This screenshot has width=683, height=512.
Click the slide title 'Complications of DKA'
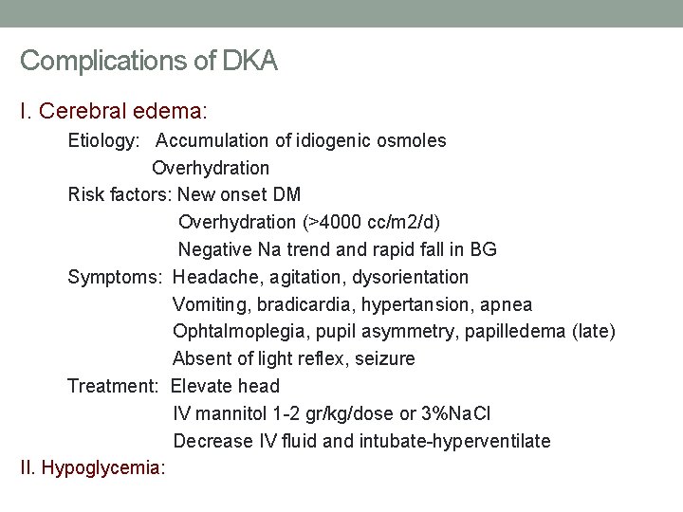pos(149,62)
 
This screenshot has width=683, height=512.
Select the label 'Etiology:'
pos(104,141)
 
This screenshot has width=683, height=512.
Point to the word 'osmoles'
pos(411,141)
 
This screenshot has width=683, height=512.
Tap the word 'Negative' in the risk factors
pos(214,250)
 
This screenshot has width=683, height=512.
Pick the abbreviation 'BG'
pos(483,250)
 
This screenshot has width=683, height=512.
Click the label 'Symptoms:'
pos(115,278)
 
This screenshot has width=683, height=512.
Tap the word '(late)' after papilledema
pos(594,332)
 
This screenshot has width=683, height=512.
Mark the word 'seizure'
pos(384,359)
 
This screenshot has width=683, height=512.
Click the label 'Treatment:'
pos(114,386)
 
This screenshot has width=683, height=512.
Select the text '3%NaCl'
pos(457,414)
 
